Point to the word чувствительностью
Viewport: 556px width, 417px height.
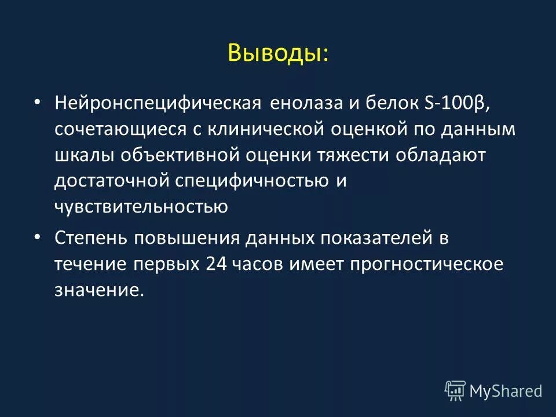click(x=141, y=206)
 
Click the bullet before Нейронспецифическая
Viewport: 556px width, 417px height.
click(x=37, y=103)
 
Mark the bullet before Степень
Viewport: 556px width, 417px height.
click(x=37, y=236)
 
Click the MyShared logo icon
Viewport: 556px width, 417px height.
click(x=455, y=391)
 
